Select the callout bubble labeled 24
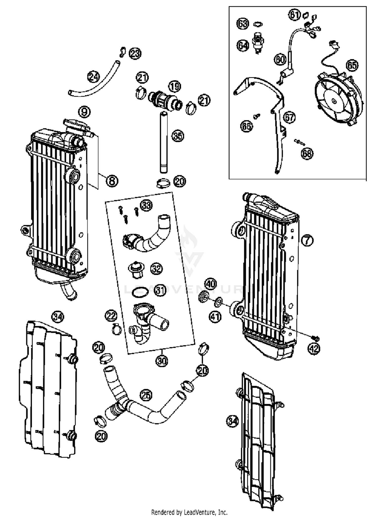93,77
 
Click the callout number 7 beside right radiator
307,240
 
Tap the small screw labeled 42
315,338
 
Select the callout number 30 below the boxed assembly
162,361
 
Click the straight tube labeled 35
164,143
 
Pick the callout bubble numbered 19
175,87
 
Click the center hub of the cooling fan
335,101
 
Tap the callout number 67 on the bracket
289,117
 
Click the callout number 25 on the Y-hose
146,396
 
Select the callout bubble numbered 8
112,181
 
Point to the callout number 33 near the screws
147,205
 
